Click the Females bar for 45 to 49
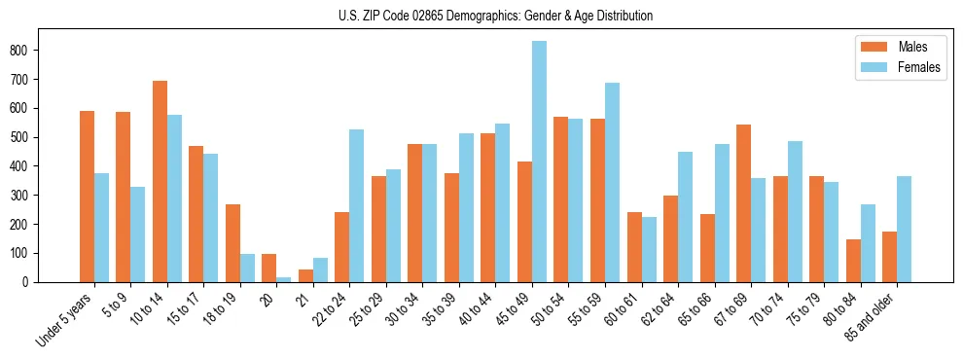tap(539, 162)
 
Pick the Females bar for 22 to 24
tap(357, 205)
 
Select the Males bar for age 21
tap(305, 275)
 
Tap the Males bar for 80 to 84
tap(853, 261)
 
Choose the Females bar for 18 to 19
tap(247, 268)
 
